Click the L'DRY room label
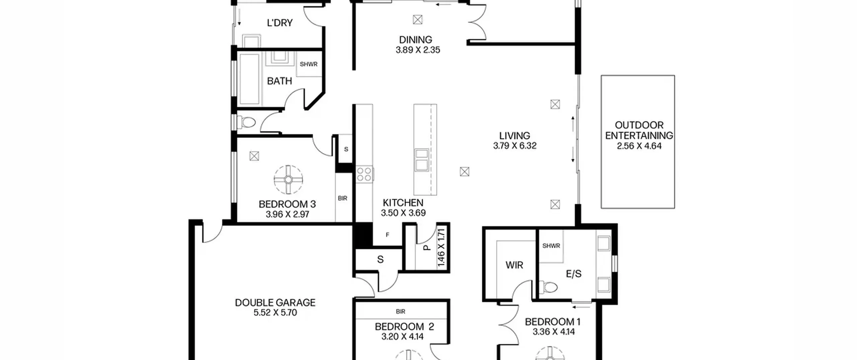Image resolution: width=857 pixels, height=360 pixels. coord(280,23)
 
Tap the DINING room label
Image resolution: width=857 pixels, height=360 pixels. coord(415,40)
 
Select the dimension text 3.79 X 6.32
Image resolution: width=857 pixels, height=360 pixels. coord(515,146)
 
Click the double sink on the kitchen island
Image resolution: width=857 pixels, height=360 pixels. coord(421,160)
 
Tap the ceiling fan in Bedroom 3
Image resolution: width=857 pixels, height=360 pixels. coord(288,179)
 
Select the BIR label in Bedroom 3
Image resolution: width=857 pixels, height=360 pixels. coord(342,198)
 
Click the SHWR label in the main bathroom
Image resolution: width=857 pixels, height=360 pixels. coord(308,64)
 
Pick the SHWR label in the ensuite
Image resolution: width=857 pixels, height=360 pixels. coord(551,246)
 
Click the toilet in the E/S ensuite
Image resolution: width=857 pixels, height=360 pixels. coord(548,287)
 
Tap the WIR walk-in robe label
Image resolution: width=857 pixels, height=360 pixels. coord(514,265)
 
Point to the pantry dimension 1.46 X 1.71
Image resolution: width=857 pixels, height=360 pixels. coord(441,247)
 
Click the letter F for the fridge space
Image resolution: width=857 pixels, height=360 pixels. coord(387,235)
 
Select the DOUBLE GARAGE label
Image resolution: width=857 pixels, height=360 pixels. coord(275,303)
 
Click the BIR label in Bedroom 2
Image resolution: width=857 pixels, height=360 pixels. coord(401,311)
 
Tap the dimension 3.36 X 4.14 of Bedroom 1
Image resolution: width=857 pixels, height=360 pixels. coord(554,332)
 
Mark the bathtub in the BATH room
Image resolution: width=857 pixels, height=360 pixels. coord(250,79)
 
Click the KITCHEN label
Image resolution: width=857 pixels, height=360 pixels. coord(403,203)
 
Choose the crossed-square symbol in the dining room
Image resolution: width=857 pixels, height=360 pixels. coord(417,20)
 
